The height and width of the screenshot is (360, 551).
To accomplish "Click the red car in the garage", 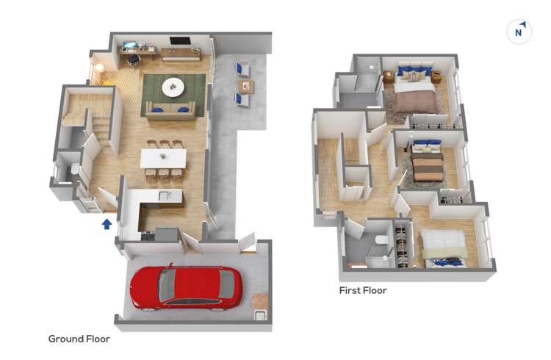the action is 186,288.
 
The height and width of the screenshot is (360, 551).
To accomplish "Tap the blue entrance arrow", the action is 107,224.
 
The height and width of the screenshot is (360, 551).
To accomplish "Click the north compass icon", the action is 519,32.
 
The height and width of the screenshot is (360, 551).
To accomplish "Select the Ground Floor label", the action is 79,339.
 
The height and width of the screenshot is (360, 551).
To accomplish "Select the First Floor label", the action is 363,290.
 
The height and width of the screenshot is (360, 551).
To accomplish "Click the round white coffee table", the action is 173,87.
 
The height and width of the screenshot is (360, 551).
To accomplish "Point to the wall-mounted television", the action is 180,41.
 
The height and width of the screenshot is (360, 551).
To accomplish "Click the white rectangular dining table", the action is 163,159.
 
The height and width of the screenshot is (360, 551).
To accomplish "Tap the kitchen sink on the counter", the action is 165,196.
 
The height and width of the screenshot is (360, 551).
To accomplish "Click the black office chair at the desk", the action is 133,60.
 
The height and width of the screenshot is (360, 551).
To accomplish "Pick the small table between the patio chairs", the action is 246,87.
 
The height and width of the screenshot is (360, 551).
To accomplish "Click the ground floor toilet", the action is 75,170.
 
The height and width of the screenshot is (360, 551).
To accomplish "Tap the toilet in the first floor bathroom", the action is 381,240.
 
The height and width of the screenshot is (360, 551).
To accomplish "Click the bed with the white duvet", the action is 444,248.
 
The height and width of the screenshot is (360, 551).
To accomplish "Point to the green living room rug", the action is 173,95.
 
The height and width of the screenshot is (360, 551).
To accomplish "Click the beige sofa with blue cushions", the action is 170,111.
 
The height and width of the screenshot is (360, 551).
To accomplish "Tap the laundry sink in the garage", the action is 260,315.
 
